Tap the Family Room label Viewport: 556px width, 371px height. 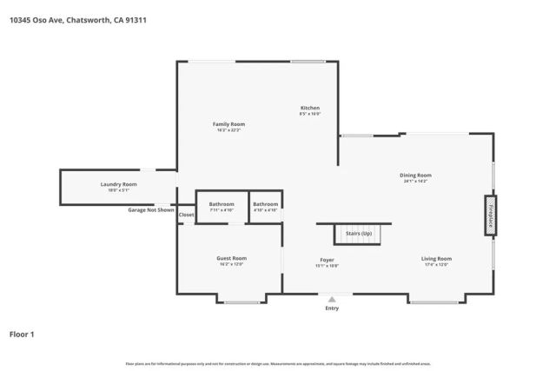229,127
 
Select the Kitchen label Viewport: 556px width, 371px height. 310,110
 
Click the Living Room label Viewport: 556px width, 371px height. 436,261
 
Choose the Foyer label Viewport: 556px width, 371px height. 327,262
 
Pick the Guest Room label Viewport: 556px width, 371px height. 231,261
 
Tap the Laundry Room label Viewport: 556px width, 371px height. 118,186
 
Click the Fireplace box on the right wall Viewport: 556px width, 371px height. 489,215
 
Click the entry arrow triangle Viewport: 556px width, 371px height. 332,299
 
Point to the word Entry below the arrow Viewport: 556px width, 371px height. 332,308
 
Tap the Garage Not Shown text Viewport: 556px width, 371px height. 151,210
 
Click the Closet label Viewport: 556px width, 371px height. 187,215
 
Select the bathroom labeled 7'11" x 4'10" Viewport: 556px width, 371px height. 222,207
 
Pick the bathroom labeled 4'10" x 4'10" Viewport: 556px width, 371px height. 265,207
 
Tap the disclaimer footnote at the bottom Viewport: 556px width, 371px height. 278,363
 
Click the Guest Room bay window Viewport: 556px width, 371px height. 242,301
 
